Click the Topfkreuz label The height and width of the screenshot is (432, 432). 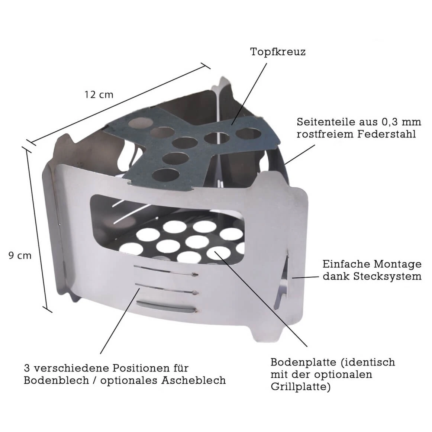[x=278, y=52]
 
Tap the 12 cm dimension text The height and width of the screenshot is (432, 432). [x=99, y=94]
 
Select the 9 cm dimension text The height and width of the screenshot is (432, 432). [x=20, y=256]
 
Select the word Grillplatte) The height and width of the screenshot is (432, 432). [x=300, y=386]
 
